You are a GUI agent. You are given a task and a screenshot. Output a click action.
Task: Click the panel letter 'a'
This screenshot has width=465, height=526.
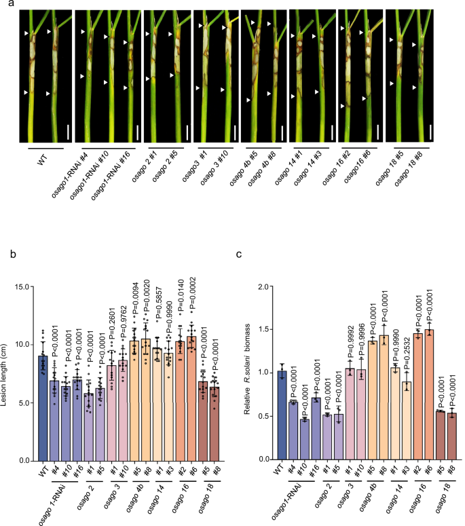12,3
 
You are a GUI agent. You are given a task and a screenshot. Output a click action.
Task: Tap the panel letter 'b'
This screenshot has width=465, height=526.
13,254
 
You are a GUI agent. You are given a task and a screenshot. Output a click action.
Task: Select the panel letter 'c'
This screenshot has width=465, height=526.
238,255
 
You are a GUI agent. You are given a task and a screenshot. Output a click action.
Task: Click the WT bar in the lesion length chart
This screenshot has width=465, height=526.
43,409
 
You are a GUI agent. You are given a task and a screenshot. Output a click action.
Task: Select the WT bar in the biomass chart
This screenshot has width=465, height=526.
282,415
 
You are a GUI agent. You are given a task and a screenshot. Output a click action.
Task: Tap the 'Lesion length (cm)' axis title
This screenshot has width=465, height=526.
4,375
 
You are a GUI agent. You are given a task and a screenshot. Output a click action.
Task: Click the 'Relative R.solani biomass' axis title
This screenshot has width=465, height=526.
248,369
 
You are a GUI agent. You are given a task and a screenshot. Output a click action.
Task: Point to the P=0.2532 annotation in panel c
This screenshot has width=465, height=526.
407,350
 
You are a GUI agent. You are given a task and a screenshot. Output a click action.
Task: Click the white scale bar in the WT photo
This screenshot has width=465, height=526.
68,132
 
